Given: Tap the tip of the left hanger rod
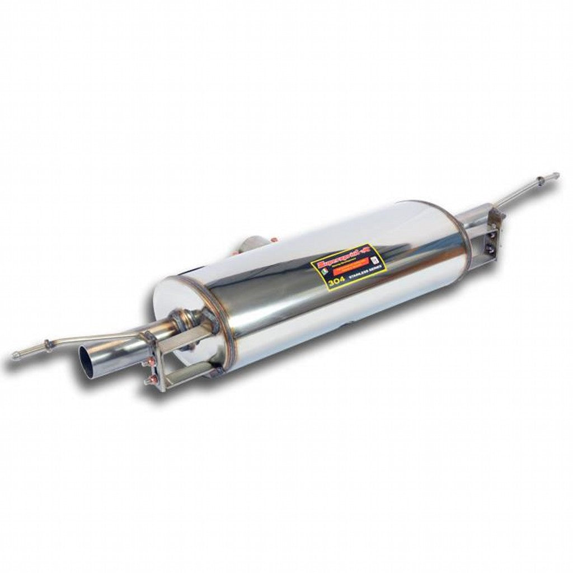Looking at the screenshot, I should click(14, 356).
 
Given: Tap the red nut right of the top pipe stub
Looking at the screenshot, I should click(274, 241).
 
